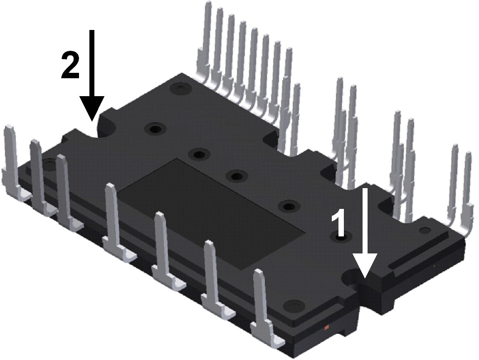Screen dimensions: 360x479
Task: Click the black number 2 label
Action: pos(70,65)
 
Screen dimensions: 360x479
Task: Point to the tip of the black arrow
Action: pos(92,120)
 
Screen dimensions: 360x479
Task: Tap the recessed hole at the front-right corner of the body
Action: pos(294,306)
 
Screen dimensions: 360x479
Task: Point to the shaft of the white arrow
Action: pos(365,221)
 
